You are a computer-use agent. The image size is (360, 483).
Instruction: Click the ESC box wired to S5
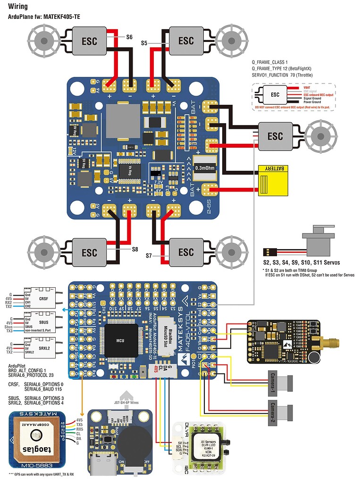pos(186,41)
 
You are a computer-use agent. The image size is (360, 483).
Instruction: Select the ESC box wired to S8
pos(89,252)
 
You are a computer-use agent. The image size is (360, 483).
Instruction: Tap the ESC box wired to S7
pos(186,252)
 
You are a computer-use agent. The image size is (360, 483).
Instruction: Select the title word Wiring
pos(17,7)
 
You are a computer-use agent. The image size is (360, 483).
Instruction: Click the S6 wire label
pos(130,36)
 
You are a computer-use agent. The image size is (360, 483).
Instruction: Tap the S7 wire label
pos(149,255)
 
